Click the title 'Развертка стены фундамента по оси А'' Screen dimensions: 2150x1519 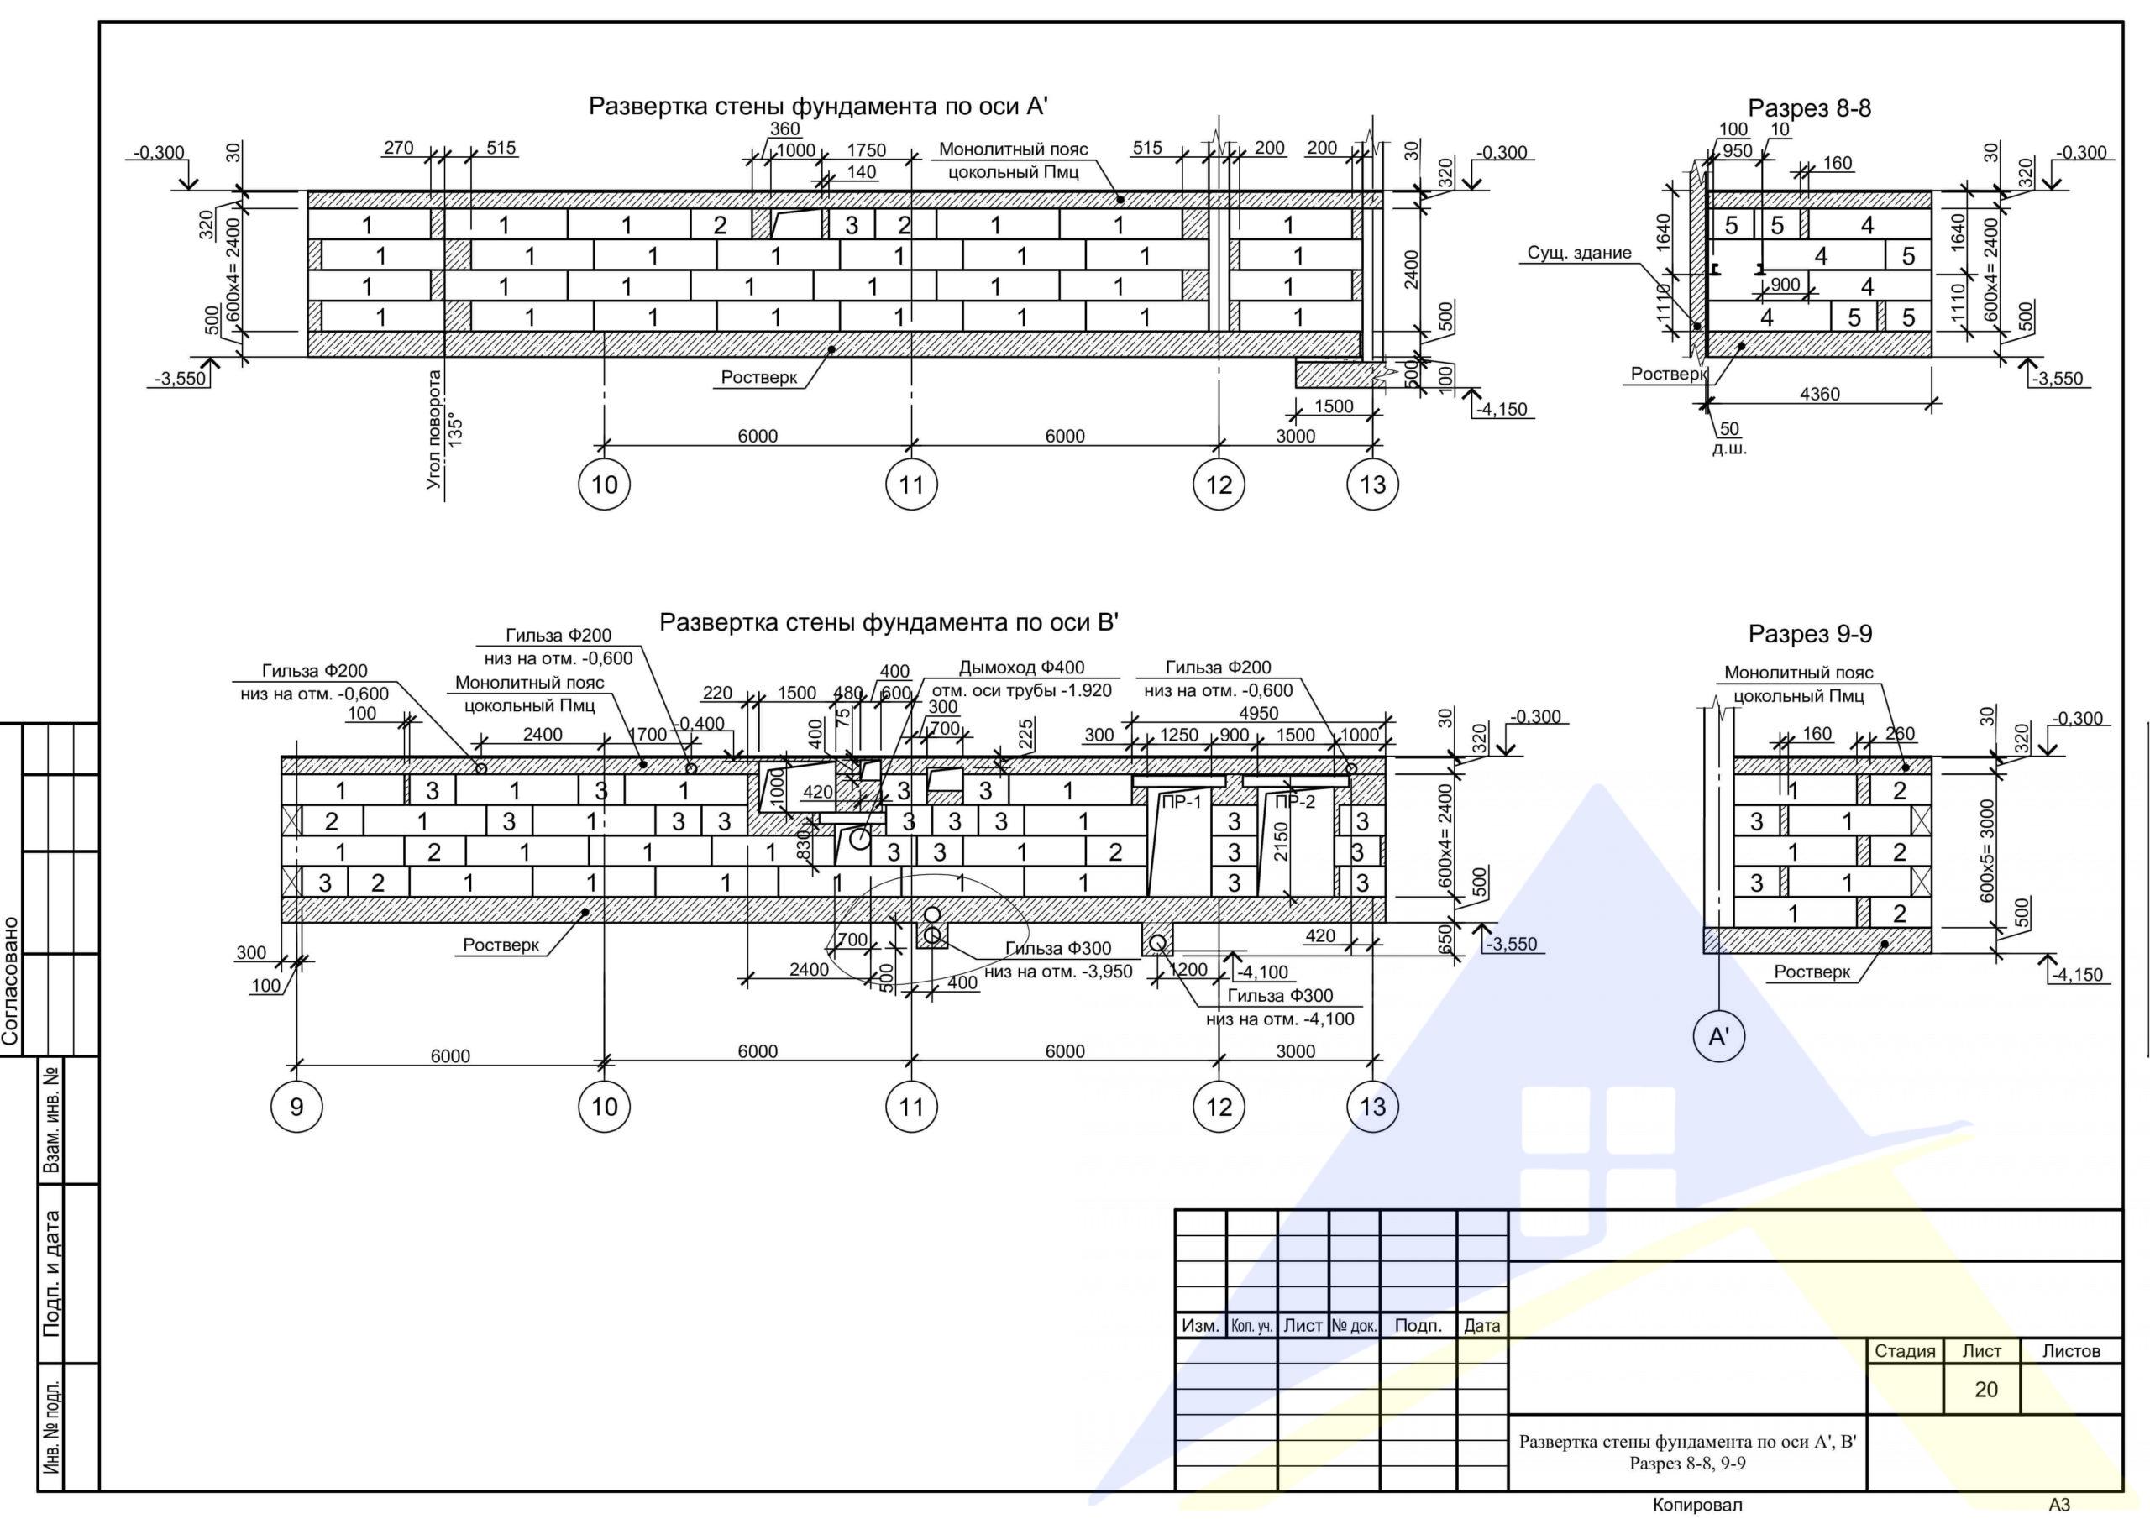coord(817,106)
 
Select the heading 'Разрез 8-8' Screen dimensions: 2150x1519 coord(1809,108)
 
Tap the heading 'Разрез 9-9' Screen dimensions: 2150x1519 coord(1810,634)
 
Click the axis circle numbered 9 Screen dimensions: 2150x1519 coord(296,1107)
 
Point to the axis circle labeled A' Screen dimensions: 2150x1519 coord(1719,1037)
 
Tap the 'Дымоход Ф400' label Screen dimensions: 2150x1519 coord(1021,668)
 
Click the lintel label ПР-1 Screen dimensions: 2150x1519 coord(1181,802)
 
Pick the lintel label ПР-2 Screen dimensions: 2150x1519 coord(1295,802)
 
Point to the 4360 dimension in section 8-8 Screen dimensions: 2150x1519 coord(1819,395)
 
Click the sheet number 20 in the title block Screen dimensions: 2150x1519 coord(1985,1390)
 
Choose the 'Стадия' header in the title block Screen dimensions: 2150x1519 coord(1905,1351)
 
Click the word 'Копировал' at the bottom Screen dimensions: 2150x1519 coord(1696,1505)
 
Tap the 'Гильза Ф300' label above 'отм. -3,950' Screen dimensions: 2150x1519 coord(1058,949)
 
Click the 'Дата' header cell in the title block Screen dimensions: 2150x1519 coord(1481,1326)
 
